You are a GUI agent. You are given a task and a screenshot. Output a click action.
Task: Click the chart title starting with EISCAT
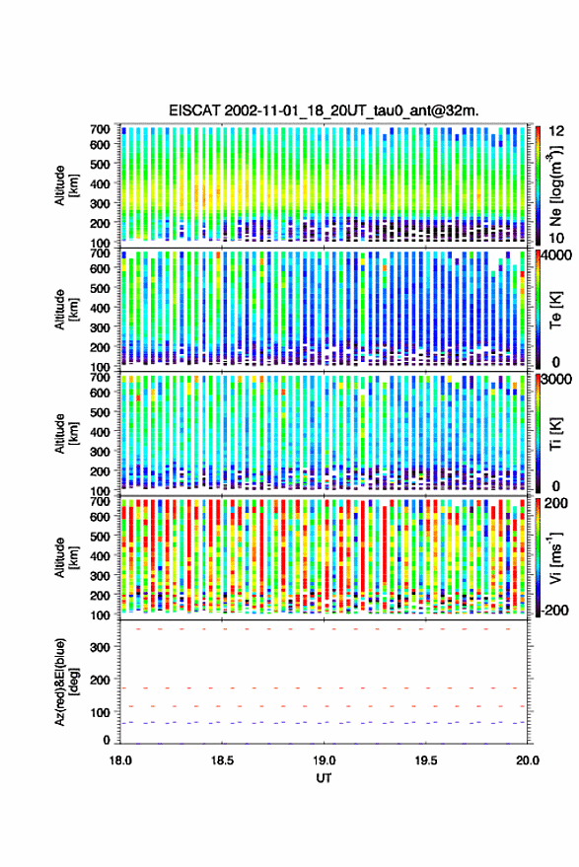tap(324, 110)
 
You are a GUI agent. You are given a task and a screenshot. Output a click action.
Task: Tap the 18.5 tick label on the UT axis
tap(222, 760)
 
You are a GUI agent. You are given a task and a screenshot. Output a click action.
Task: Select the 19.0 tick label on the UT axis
tap(324, 760)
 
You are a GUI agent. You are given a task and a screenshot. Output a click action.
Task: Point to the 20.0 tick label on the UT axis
tap(527, 760)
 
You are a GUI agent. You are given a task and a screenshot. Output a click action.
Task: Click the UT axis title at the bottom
tap(324, 778)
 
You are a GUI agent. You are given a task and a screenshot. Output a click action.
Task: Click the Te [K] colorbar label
tap(555, 311)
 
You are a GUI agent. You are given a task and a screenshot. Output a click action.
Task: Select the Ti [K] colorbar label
tap(555, 435)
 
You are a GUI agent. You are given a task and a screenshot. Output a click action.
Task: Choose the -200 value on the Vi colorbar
tap(552, 610)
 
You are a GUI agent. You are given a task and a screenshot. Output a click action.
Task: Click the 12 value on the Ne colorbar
tap(557, 131)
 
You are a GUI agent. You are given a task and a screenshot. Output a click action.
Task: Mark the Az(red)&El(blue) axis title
tap(66, 682)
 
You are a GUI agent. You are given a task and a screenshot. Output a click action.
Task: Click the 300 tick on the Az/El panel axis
tap(100, 647)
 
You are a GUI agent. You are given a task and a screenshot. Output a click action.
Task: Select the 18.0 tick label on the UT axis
tap(120, 760)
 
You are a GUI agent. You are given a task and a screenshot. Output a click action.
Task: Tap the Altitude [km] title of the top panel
tap(66, 185)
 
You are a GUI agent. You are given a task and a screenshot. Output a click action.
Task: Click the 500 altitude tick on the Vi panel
tap(100, 536)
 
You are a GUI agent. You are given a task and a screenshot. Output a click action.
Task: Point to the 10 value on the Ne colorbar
tap(557, 238)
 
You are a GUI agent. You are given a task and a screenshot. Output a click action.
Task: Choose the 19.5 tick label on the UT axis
tap(425, 760)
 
